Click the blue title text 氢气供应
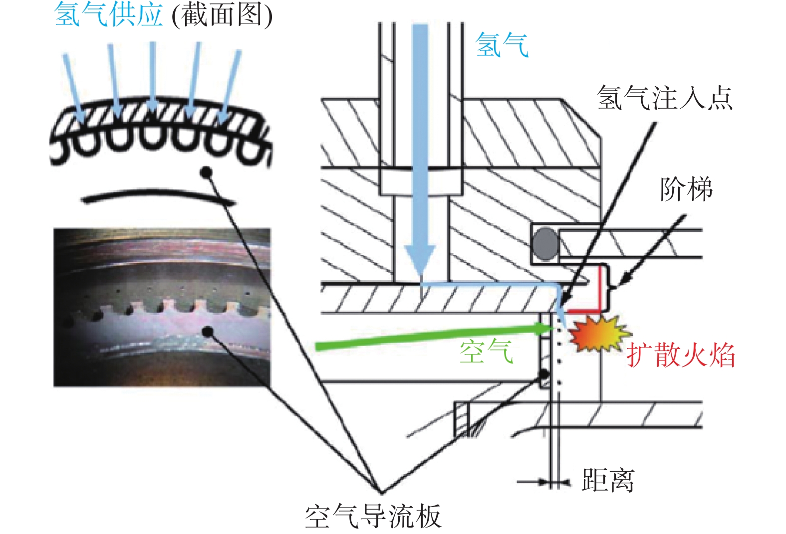108,14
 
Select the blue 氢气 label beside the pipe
502,45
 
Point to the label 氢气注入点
664,98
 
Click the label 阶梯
686,189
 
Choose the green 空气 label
487,352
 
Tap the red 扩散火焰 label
681,355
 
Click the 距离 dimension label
608,480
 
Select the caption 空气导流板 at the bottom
373,516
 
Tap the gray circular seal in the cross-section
545,244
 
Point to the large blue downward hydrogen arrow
420,151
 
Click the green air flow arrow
434,337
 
